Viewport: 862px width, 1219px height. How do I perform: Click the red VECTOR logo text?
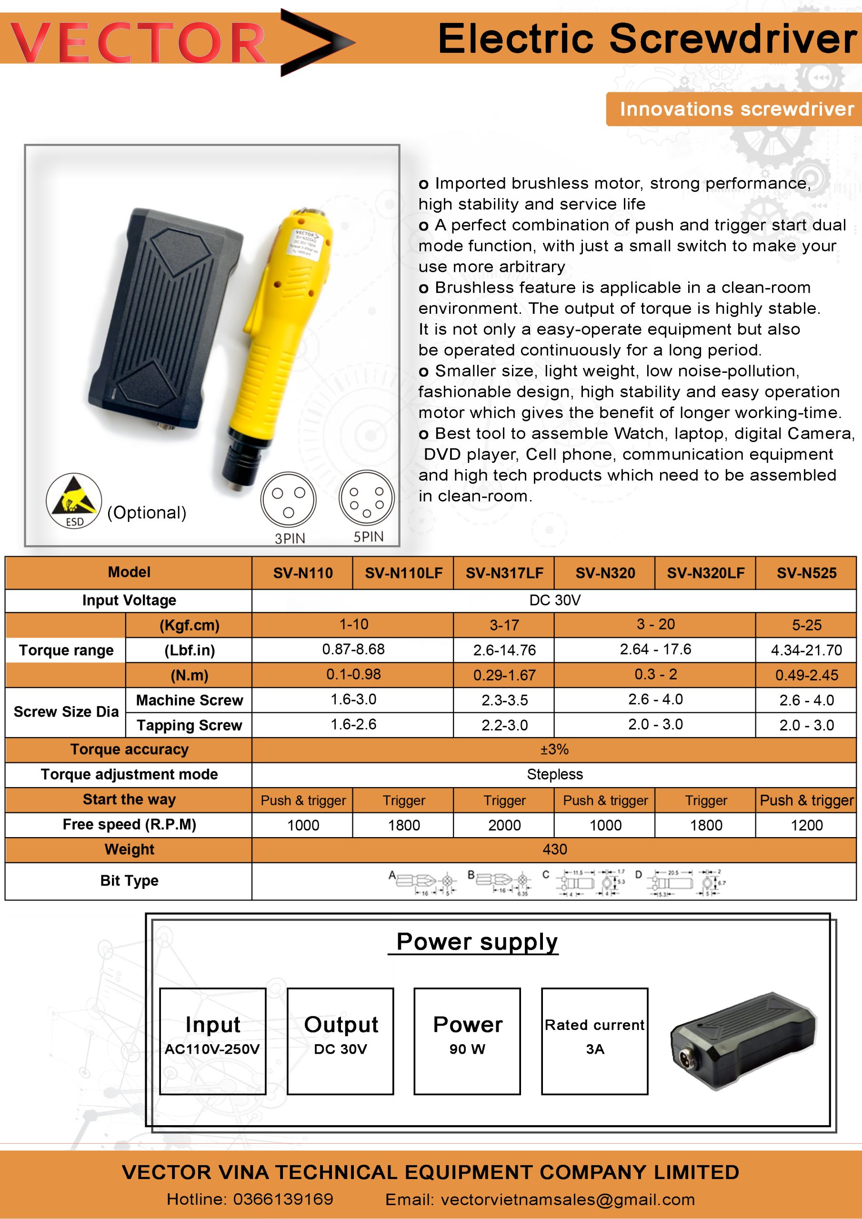[x=138, y=42]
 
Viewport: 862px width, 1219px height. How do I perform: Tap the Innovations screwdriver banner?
[x=736, y=109]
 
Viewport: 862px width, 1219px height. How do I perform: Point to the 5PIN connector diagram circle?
[x=367, y=498]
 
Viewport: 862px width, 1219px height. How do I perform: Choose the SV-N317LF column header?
[x=504, y=573]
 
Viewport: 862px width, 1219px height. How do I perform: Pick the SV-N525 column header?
[x=806, y=573]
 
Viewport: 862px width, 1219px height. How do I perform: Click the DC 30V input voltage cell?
[x=554, y=600]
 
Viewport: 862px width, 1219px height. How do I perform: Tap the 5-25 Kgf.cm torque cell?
[x=806, y=625]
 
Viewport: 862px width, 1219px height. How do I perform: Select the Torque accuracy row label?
[x=129, y=749]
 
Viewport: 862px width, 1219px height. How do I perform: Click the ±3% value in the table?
[x=554, y=749]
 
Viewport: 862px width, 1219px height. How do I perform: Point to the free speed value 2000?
[x=504, y=825]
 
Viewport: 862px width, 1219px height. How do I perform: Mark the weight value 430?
[x=554, y=849]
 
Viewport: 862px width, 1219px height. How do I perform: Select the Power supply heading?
[x=476, y=942]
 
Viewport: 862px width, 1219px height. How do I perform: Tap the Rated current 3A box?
[x=594, y=1040]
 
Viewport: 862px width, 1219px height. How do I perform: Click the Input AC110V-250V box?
[x=212, y=1040]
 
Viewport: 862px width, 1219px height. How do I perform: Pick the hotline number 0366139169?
[x=282, y=1199]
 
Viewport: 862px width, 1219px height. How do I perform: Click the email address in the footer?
[x=567, y=1199]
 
